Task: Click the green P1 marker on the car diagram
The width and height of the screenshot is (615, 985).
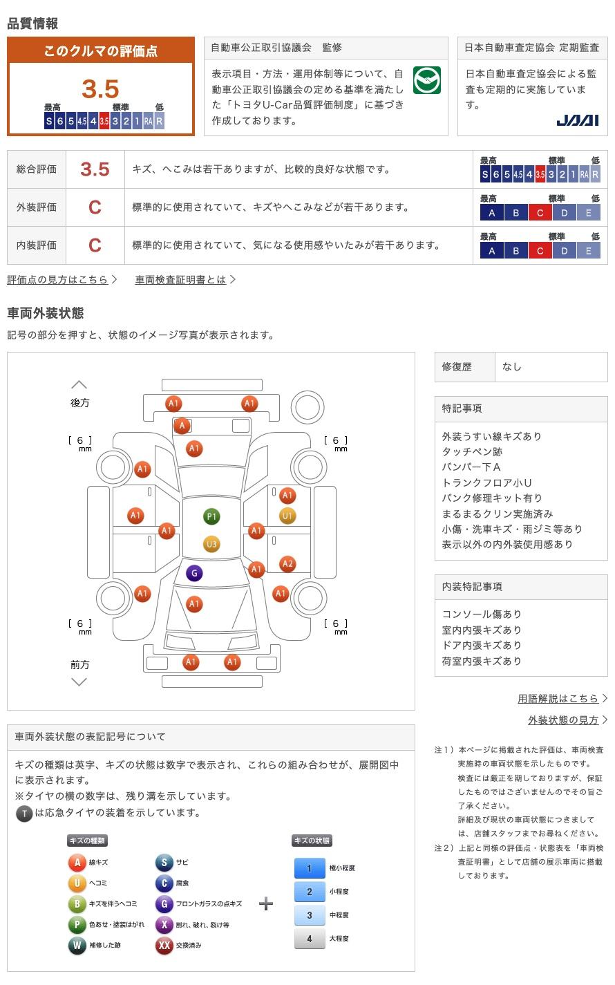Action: tap(211, 516)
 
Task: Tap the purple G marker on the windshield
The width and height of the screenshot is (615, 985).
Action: tap(194, 573)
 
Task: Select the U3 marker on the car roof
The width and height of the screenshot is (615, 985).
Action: tap(211, 544)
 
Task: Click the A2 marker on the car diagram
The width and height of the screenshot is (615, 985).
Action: tap(287, 564)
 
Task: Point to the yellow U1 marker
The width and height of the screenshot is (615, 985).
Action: tap(287, 516)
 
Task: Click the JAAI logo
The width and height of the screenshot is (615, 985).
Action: tap(577, 120)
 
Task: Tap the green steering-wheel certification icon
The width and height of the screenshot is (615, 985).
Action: tap(426, 80)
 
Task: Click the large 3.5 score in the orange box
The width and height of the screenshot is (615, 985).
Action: tap(100, 89)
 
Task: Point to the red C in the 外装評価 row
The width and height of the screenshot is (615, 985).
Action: tap(95, 207)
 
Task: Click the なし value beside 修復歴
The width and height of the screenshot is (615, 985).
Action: tap(512, 367)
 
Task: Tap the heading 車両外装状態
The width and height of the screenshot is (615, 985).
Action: tap(46, 313)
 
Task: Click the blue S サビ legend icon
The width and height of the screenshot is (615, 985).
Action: tap(164, 863)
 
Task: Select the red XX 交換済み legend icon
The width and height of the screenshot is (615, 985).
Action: tap(164, 945)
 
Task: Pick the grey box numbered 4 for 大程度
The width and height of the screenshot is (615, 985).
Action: tap(310, 939)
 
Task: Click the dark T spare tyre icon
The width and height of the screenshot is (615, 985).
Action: tap(24, 814)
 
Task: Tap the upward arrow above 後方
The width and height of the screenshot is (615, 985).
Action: tap(79, 385)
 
